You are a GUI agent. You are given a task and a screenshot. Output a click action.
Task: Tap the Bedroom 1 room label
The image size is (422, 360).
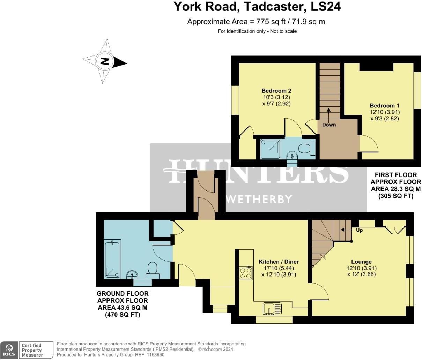point(384,106)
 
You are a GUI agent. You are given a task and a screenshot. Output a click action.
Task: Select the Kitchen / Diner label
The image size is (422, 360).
point(279,262)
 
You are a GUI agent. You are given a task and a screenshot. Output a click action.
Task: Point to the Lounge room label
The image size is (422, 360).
point(361,262)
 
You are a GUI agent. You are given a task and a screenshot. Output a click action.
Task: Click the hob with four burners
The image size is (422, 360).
point(245,273)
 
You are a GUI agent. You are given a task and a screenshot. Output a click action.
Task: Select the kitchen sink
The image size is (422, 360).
point(272,309)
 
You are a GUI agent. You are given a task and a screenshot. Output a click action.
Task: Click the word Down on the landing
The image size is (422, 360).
point(329,125)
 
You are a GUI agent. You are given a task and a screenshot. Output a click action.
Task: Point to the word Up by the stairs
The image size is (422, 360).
point(359,230)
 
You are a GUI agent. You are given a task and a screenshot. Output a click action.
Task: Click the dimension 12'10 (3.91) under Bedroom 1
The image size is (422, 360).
point(384,112)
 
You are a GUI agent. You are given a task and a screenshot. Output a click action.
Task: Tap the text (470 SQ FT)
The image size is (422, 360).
point(123,315)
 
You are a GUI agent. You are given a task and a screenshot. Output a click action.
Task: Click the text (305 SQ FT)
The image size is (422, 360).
point(396,196)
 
